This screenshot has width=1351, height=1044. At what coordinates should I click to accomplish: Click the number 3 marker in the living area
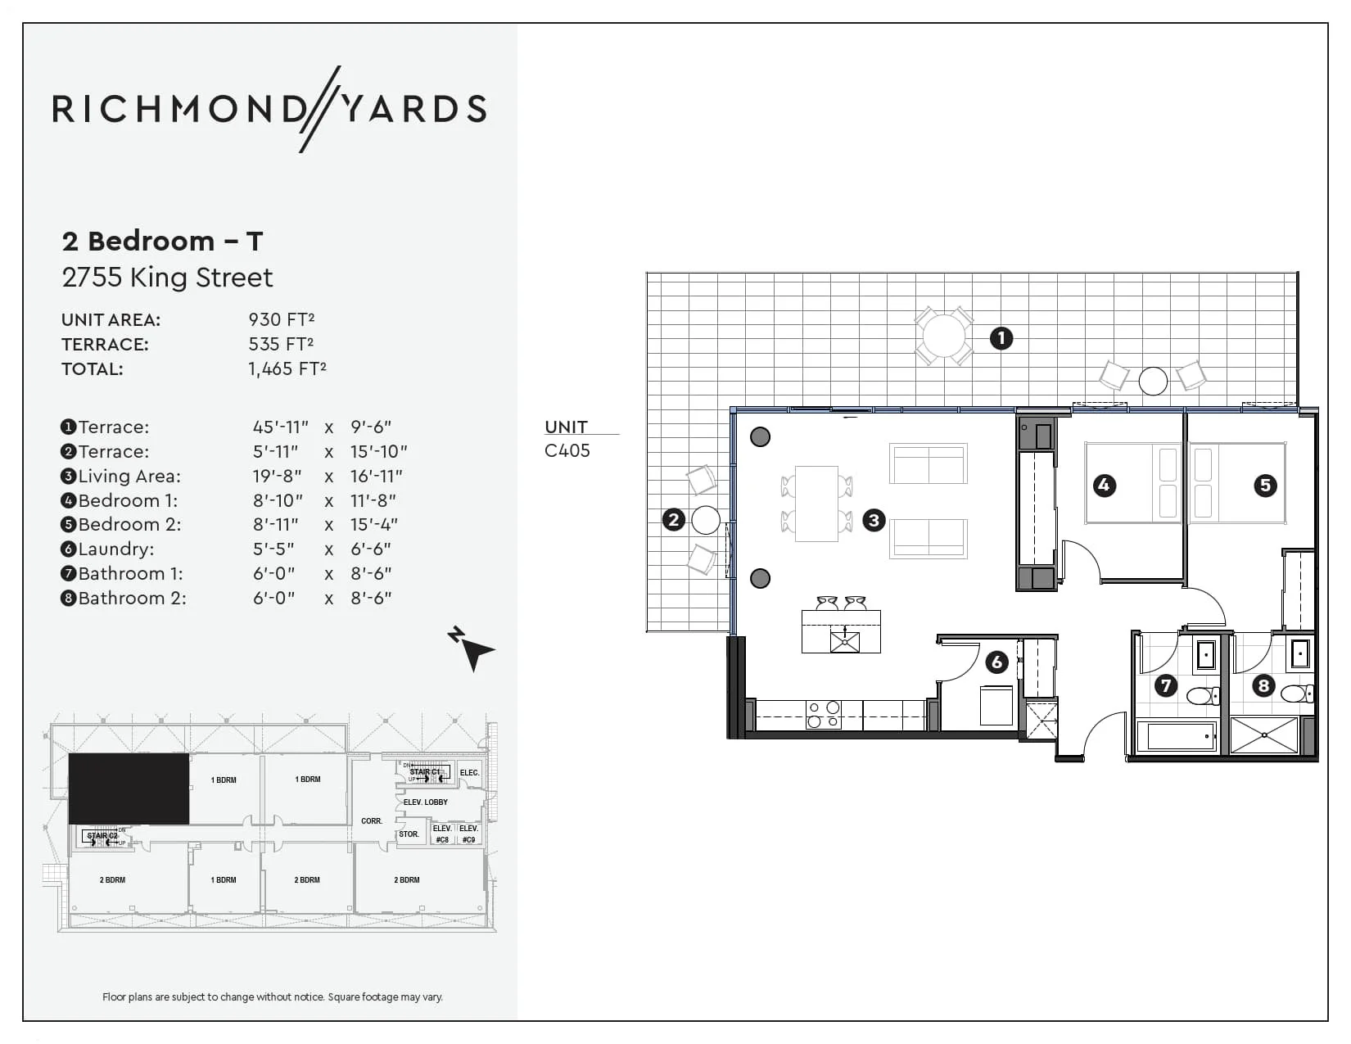pos(874,520)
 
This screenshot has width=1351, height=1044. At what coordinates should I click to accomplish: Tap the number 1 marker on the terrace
pos(1001,338)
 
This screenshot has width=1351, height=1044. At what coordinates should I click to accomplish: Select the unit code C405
pos(567,450)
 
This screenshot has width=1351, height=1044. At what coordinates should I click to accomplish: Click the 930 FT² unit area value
pos(282,319)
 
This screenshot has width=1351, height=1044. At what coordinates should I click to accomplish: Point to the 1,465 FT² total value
pos(287,368)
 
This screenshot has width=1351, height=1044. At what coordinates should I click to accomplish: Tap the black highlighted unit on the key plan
pos(129,789)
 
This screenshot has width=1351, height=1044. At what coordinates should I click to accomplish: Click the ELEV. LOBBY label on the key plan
pos(425,802)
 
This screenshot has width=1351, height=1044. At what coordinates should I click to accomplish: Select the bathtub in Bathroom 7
pos(1180,736)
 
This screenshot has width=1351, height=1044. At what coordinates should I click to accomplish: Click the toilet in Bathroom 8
pos(1295,694)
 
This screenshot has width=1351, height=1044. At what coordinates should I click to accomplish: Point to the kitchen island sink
pos(844,640)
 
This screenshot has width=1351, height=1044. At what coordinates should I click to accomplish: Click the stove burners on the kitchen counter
pos(823,715)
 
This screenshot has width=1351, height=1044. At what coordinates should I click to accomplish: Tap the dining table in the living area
pos(816,503)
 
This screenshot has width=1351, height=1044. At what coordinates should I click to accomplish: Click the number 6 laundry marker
pos(996,662)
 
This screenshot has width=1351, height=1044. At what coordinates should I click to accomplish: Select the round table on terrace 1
pos(943,336)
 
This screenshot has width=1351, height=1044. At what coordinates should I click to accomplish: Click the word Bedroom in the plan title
pos(151,241)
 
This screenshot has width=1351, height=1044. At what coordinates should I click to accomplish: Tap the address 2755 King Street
pos(167,278)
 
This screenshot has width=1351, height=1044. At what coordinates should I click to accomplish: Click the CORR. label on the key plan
pos(372,820)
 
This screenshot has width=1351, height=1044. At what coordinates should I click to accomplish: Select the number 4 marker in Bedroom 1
pos(1104,485)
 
